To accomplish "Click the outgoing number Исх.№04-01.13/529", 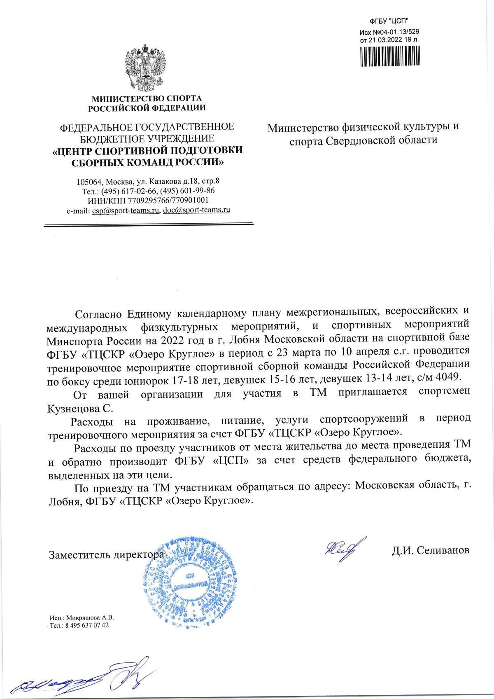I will click(x=389, y=32).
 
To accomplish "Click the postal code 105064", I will click(x=89, y=181).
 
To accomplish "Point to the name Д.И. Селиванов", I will click(x=430, y=550).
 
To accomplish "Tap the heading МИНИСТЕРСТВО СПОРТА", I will click(x=147, y=99).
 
